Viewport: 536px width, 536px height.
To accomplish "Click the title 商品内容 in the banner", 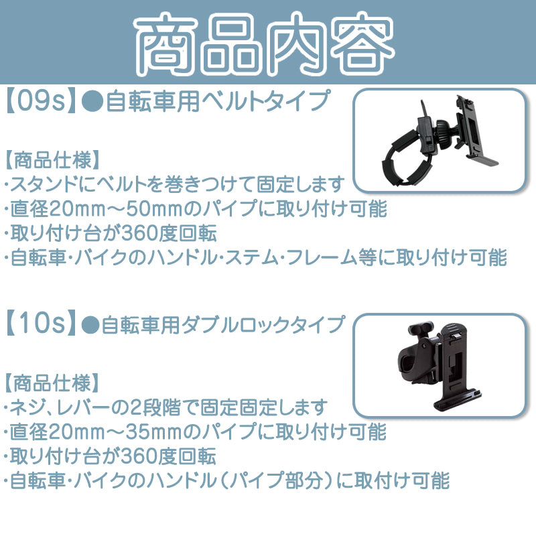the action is click(x=264, y=44).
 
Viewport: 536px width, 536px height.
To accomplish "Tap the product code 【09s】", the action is click(x=40, y=102).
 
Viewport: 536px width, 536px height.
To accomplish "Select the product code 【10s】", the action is click(x=40, y=323).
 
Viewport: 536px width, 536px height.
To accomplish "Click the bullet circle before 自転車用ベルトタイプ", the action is click(x=92, y=102).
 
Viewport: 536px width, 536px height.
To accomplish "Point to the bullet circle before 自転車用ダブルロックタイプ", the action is click(x=90, y=324).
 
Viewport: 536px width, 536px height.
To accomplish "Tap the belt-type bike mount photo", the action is click(x=440, y=141).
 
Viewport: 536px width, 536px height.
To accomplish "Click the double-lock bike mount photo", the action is click(x=440, y=365).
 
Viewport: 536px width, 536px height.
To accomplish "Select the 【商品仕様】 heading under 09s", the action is click(x=52, y=160).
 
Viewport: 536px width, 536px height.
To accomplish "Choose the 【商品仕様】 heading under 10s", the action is click(x=52, y=383).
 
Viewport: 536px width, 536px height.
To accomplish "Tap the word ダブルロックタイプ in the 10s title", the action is click(x=263, y=324).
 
